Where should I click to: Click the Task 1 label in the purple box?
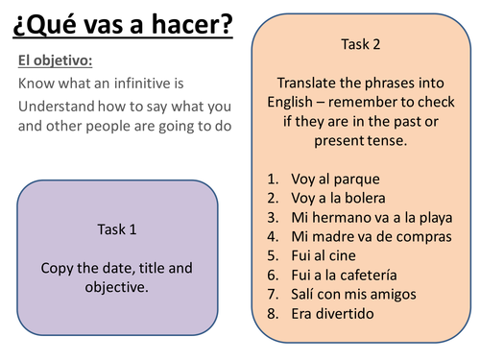(117, 229)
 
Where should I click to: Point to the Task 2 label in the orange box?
(361, 44)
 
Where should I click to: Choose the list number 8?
(274, 313)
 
